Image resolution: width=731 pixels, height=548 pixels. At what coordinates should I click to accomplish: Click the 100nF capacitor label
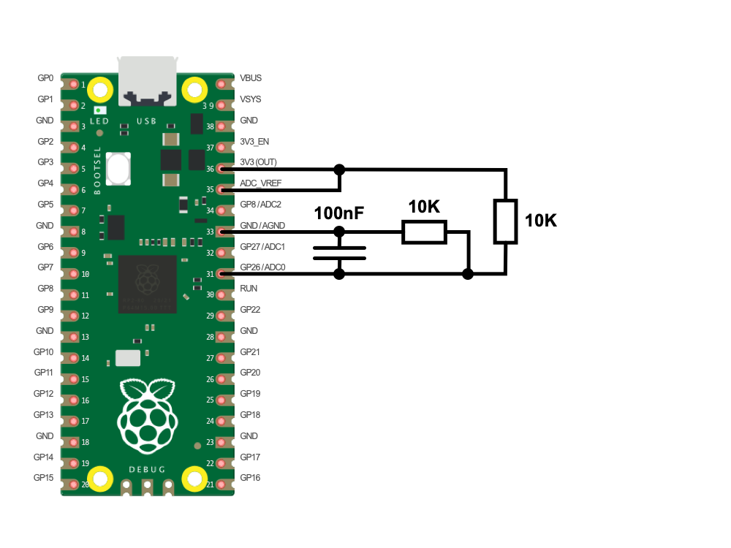point(339,213)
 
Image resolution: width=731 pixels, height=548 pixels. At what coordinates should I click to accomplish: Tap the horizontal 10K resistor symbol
point(424,232)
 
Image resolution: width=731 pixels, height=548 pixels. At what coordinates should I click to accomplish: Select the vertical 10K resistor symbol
point(505,221)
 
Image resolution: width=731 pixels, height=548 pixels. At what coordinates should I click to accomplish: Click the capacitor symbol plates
point(339,253)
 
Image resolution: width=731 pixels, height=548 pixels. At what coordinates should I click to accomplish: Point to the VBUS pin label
point(251,77)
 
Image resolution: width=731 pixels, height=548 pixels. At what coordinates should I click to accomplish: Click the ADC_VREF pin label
point(260,183)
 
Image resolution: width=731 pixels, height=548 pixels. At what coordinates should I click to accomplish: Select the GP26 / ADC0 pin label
point(263,267)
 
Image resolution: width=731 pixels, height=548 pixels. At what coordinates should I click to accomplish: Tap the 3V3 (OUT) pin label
point(258,161)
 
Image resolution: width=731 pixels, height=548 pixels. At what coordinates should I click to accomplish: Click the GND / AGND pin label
point(263,225)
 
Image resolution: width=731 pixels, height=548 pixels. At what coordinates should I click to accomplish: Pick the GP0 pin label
point(45,77)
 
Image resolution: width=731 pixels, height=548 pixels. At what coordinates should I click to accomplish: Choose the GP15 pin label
point(44,478)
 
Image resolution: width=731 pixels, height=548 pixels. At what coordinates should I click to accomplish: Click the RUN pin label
point(249,289)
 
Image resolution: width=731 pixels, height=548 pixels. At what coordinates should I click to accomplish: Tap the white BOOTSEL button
point(118,168)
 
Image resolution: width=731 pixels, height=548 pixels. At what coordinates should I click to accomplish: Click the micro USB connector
point(148,80)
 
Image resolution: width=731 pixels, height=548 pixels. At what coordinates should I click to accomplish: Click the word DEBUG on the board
point(147,468)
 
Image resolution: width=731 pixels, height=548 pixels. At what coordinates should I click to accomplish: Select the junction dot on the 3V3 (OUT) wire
point(339,170)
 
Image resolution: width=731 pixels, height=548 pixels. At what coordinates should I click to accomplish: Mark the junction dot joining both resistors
point(469,274)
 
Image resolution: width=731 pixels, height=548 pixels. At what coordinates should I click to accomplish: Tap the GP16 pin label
point(250,478)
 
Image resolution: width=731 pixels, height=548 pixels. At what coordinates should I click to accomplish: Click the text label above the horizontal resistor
point(424,208)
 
